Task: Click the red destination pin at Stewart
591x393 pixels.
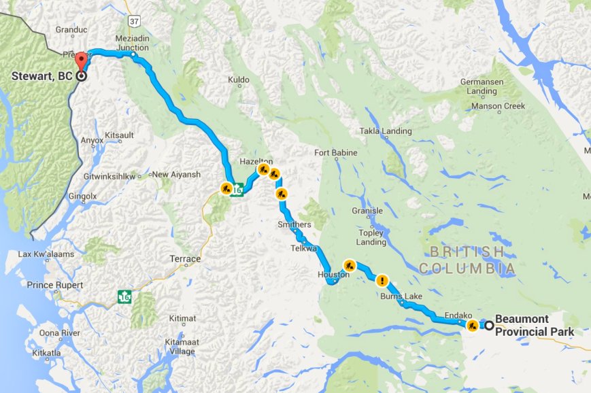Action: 81,60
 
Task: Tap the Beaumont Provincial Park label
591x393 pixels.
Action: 534,325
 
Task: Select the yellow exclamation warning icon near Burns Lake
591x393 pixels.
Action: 383,279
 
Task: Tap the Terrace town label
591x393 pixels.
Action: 184,259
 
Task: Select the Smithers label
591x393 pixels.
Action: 294,224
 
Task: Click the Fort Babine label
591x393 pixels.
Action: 335,153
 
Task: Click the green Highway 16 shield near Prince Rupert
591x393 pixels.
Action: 124,296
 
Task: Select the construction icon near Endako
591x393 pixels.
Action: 471,325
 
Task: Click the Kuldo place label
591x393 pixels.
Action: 238,80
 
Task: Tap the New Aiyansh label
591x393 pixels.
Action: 176,175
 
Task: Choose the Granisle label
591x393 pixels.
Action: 367,211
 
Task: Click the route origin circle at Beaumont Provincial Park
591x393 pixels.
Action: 488,325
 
